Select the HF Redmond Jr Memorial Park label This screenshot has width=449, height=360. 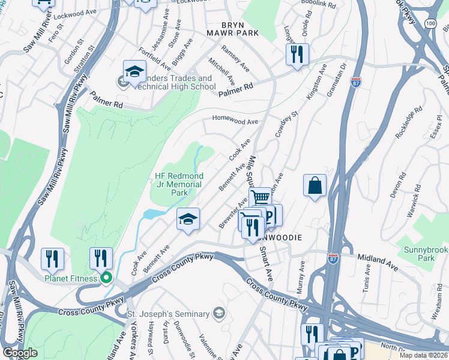[178, 184]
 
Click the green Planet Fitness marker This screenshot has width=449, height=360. [106, 277]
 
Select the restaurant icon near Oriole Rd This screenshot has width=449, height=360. [297, 55]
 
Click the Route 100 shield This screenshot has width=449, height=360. [430, 23]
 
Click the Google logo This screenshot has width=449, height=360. [20, 353]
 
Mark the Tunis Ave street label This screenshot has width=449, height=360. [367, 278]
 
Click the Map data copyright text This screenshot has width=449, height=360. [423, 355]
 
